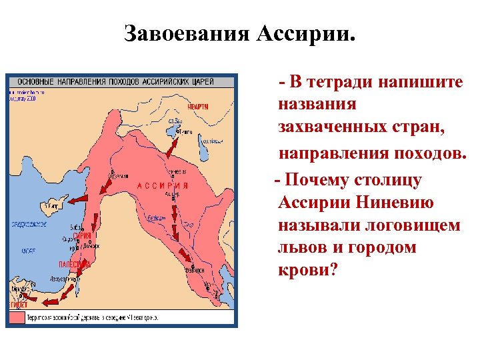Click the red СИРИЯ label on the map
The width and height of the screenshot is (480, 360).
click(x=82, y=236)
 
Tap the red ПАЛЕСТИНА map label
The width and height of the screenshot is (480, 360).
click(x=74, y=264)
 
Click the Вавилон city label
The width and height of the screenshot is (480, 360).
click(x=195, y=270)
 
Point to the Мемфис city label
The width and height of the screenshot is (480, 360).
click(x=19, y=288)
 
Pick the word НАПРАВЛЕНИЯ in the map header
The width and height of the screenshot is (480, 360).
click(x=85, y=81)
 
